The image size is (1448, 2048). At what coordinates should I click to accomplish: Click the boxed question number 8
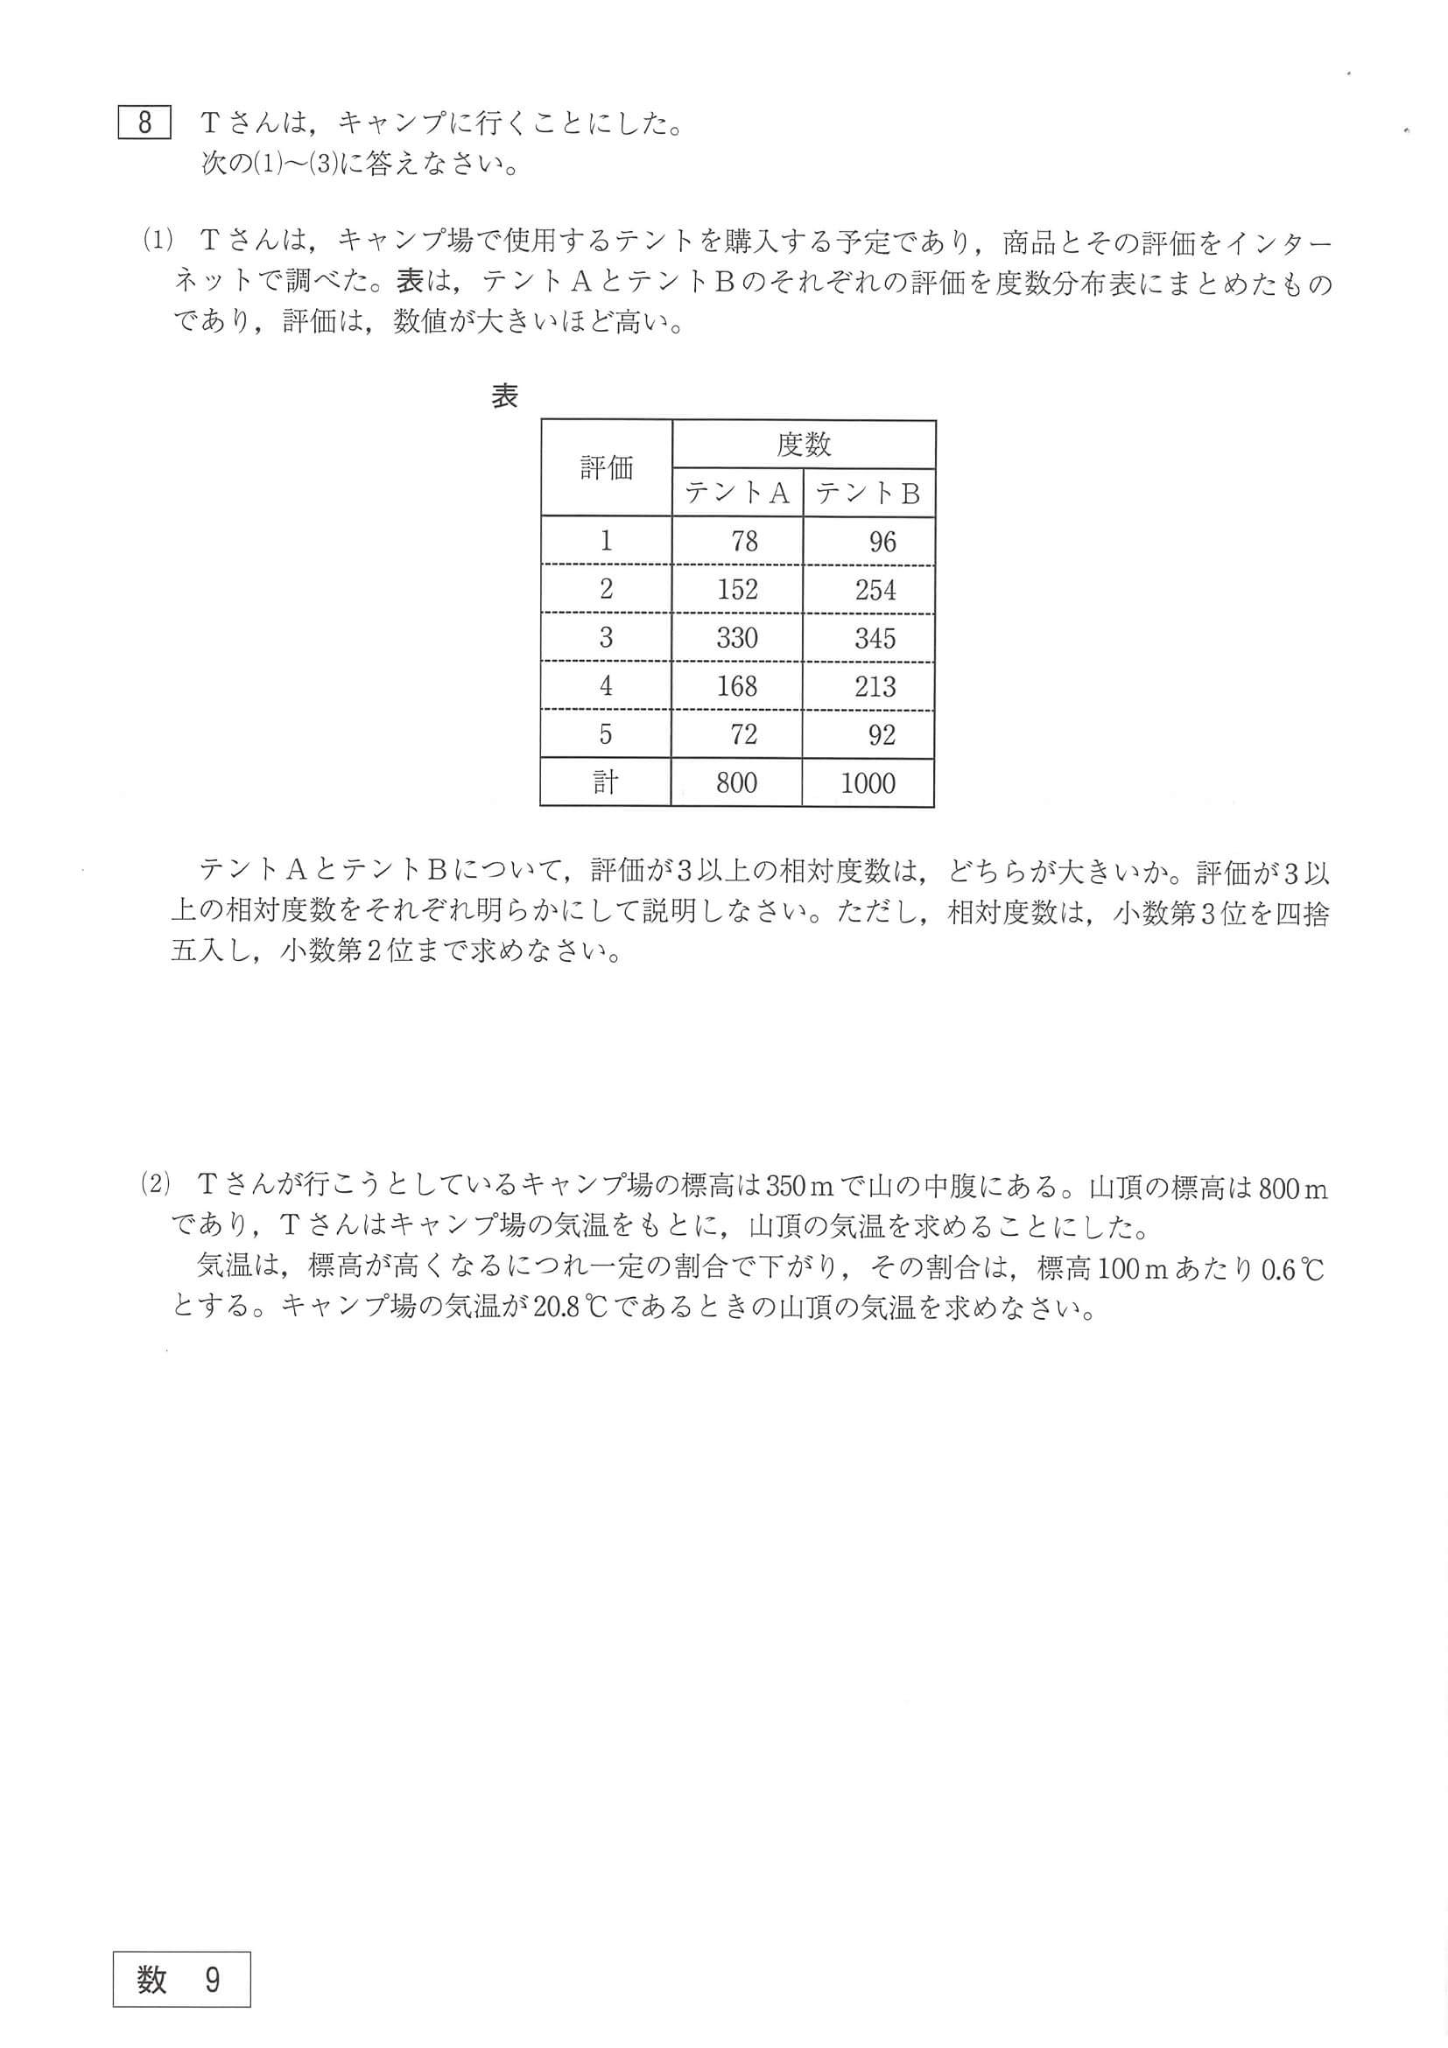[144, 123]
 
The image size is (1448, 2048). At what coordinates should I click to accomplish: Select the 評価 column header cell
[606, 467]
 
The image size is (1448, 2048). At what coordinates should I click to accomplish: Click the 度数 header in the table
[803, 445]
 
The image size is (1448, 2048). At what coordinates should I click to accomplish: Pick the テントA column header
[737, 494]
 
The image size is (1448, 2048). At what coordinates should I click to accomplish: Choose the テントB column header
[868, 494]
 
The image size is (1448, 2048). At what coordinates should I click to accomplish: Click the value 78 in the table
[743, 542]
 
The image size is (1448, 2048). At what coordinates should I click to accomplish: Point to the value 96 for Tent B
[882, 542]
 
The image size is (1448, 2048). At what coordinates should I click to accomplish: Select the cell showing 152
[737, 590]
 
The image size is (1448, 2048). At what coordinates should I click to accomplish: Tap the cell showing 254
[875, 590]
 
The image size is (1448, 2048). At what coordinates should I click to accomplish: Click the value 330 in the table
[737, 638]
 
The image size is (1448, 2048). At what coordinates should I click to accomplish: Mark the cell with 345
[875, 638]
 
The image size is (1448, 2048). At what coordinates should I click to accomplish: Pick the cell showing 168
[737, 686]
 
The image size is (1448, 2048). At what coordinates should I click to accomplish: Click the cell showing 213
[875, 686]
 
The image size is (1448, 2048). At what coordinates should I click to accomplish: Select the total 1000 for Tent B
[868, 783]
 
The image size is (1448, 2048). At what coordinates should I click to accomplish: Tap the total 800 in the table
[736, 783]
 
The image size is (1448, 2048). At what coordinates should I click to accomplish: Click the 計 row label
[605, 783]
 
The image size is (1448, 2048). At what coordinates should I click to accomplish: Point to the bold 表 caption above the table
[505, 396]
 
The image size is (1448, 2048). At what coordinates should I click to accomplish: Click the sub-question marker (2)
[154, 1185]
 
